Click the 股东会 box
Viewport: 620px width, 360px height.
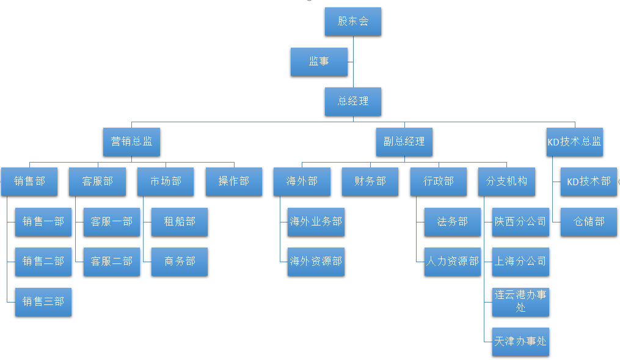[353, 21]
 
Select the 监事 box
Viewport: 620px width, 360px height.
[319, 62]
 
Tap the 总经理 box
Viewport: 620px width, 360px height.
[353, 101]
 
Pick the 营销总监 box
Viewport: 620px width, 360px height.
[131, 141]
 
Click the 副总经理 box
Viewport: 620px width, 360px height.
[404, 141]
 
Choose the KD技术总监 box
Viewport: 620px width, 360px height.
[574, 141]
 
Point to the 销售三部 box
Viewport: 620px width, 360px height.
[43, 301]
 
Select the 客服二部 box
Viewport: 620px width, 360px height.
[112, 262]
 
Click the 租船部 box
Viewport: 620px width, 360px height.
[180, 222]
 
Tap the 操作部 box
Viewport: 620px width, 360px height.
[234, 182]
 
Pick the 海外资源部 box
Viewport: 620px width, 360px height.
[316, 262]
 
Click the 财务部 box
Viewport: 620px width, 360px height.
[370, 182]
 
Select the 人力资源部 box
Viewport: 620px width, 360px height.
[453, 262]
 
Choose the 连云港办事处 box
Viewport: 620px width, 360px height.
[520, 301]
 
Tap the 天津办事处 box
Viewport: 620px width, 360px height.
[520, 341]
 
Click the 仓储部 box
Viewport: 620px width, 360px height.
[589, 222]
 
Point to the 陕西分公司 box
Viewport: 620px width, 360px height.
[520, 222]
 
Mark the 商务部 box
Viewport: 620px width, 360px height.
[180, 262]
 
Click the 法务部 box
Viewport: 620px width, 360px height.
[453, 222]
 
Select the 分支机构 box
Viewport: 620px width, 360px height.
[506, 182]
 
